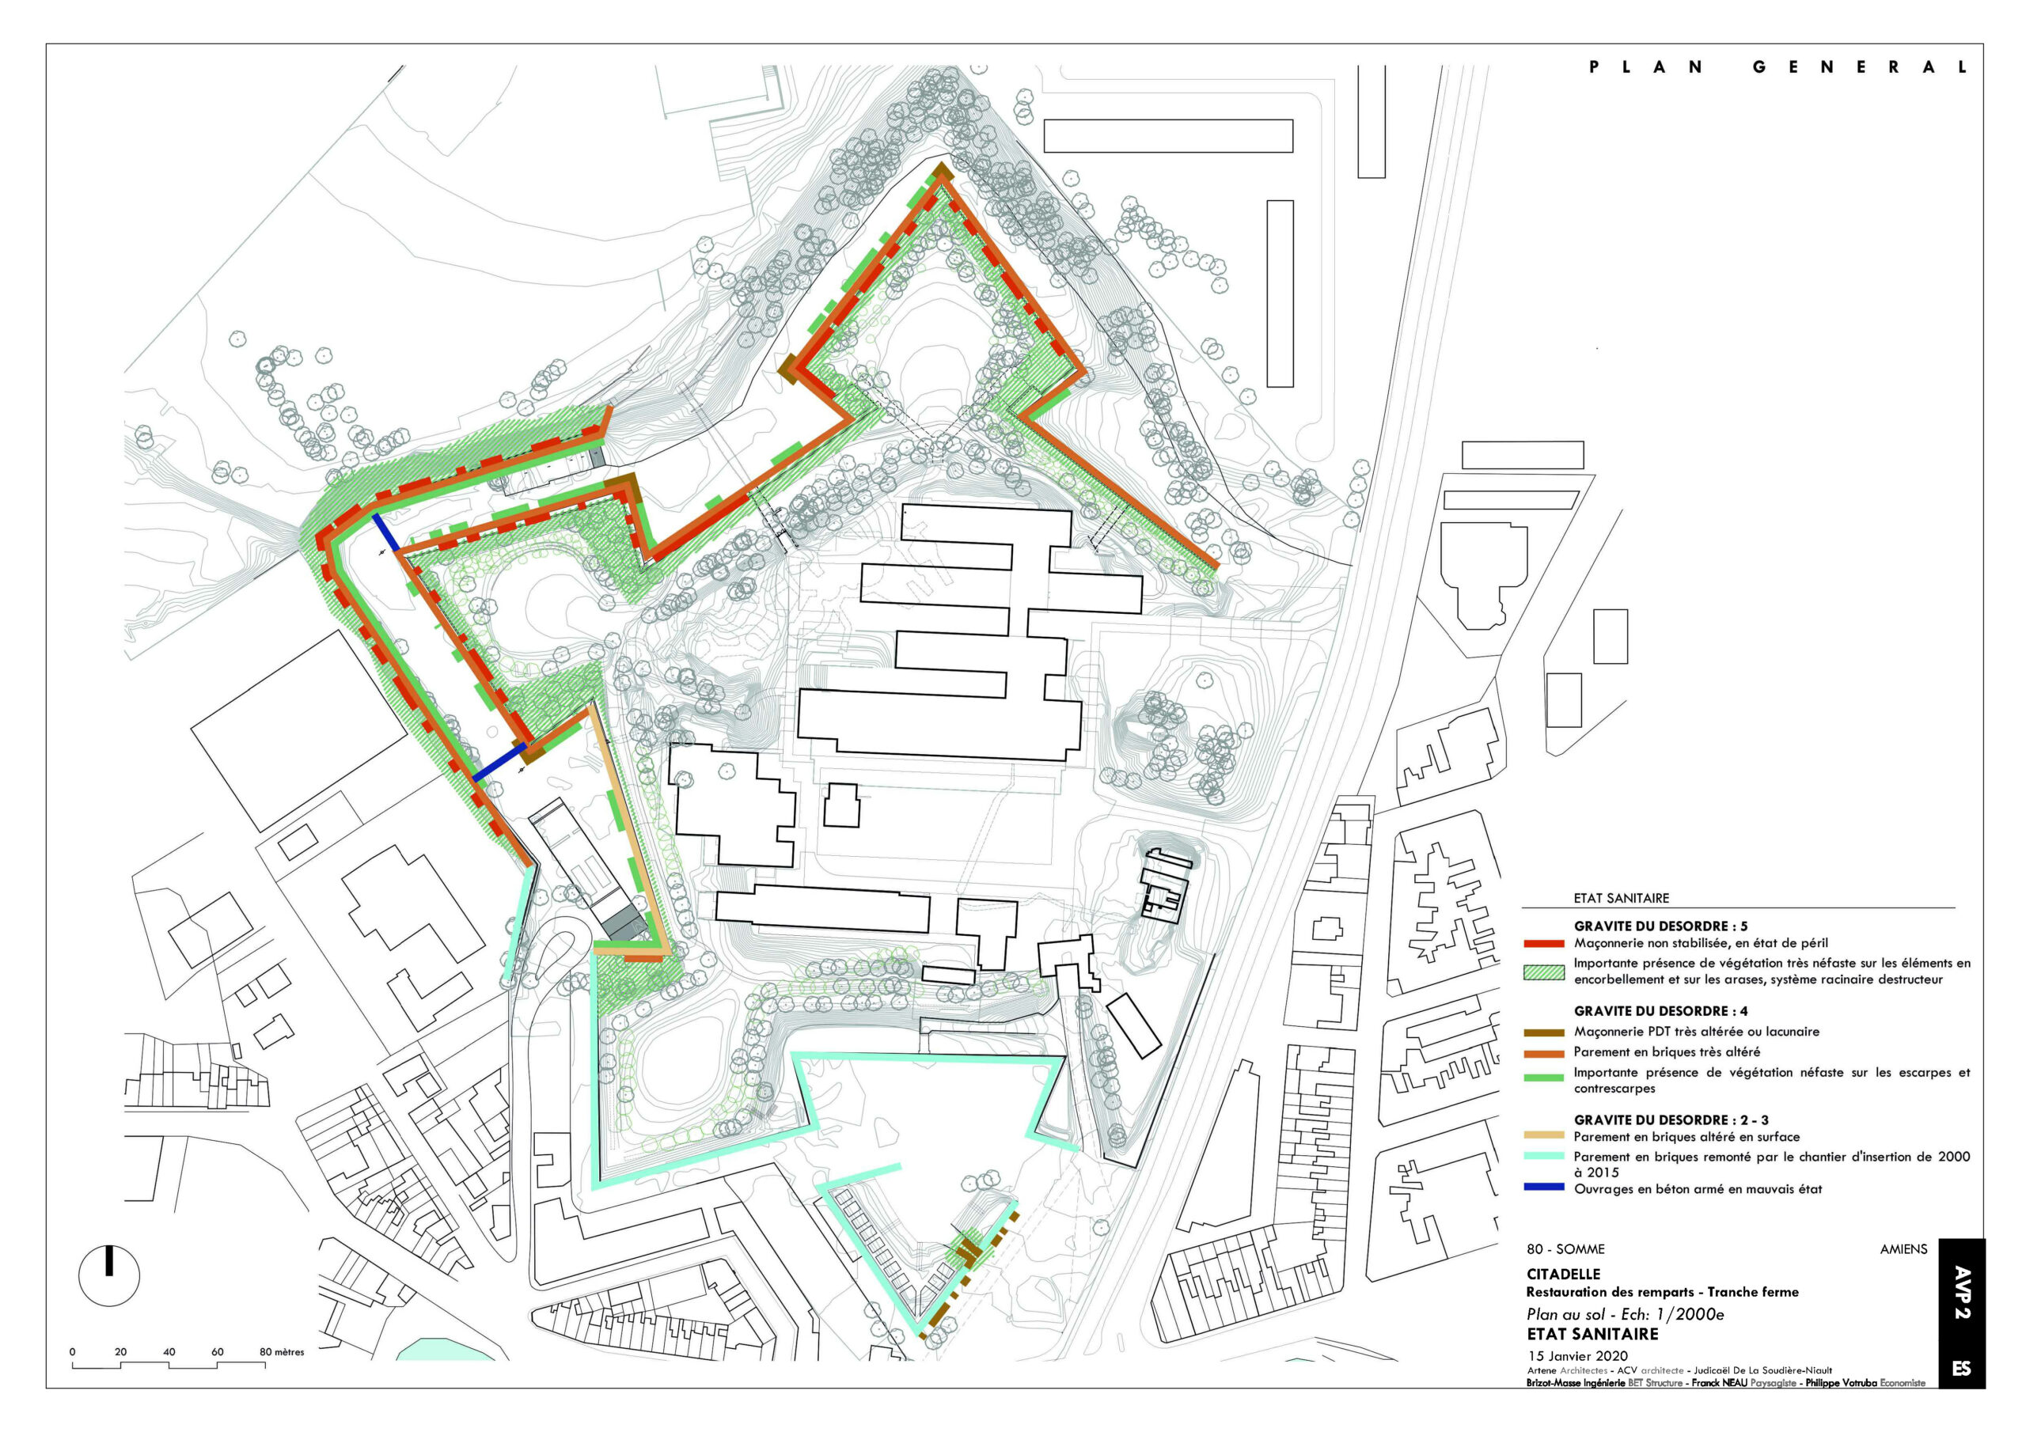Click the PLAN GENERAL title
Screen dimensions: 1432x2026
(x=1777, y=68)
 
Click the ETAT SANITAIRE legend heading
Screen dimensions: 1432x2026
(x=1621, y=898)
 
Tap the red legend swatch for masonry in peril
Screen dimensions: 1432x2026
(x=1543, y=943)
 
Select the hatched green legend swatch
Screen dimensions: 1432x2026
(x=1543, y=972)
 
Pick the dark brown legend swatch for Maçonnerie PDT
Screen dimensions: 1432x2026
(x=1543, y=1032)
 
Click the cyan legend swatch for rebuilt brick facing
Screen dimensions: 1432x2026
(x=1543, y=1157)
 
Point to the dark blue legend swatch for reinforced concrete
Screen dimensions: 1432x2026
(x=1543, y=1188)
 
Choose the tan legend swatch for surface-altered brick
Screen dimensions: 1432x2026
(x=1543, y=1136)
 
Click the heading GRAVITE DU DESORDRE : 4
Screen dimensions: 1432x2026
(x=1660, y=1011)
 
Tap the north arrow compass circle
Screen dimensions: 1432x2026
(x=109, y=1276)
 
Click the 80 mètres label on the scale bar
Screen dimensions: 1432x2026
(x=282, y=1352)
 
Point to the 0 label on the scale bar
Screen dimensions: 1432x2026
(x=72, y=1352)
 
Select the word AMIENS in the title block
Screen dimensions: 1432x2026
(x=1903, y=1249)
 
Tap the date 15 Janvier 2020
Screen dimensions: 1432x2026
(x=1576, y=1356)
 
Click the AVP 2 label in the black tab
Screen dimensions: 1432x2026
(x=1962, y=1294)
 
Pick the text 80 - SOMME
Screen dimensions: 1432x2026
(x=1565, y=1249)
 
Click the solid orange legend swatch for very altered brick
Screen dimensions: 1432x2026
(x=1543, y=1052)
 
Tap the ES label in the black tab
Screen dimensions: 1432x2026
(x=1962, y=1369)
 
